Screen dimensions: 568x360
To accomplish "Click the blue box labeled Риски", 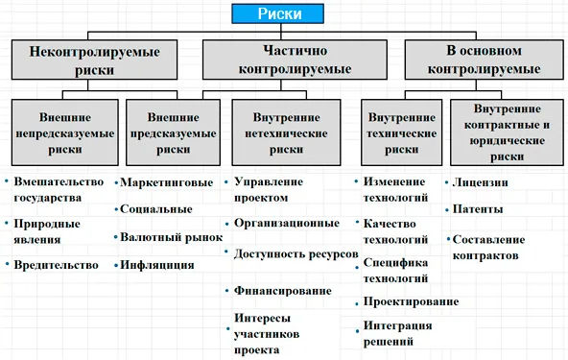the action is click(277, 13).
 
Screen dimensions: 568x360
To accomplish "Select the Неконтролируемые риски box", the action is click(95, 60).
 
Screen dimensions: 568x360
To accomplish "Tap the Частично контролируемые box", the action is click(295, 60).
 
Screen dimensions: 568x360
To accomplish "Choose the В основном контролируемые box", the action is click(484, 60).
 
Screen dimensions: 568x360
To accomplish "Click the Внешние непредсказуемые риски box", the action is click(65, 132).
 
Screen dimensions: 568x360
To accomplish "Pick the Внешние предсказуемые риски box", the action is click(173, 132).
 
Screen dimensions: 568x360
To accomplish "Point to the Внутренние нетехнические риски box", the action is click(286, 132).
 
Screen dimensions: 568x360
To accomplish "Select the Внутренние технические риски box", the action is click(401, 132).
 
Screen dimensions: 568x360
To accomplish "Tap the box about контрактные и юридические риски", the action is click(507, 132).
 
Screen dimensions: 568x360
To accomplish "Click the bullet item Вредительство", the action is click(57, 265).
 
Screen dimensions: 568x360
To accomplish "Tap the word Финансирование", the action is click(283, 291).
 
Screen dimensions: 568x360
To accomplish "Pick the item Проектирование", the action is click(412, 301).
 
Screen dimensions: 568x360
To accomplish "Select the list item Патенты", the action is click(478, 209).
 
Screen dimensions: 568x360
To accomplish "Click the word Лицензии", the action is click(481, 182).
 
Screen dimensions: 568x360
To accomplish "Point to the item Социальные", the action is click(156, 209).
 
